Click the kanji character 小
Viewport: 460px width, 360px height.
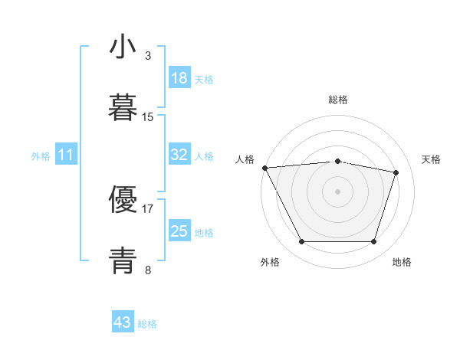pos(123,47)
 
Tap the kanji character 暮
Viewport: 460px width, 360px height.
pos(123,107)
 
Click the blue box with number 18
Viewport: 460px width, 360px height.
pos(179,78)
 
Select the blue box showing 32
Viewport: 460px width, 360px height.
pos(179,155)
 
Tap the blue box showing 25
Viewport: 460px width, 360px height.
pos(179,231)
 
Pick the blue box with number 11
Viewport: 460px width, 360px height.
pos(66,155)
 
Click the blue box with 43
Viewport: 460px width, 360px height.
pos(123,322)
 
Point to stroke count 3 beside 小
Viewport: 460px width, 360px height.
pos(148,56)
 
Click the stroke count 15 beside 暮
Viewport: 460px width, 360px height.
pos(148,116)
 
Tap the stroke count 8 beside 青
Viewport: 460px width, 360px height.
pos(148,269)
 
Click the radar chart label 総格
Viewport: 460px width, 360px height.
pos(338,100)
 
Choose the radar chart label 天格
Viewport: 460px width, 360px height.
pos(431,159)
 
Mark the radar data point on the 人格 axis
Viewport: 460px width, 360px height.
pos(264,168)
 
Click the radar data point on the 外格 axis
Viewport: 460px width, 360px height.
pos(301,242)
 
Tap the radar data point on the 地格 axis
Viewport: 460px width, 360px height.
pos(374,242)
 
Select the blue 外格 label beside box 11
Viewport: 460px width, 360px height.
pos(41,156)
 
